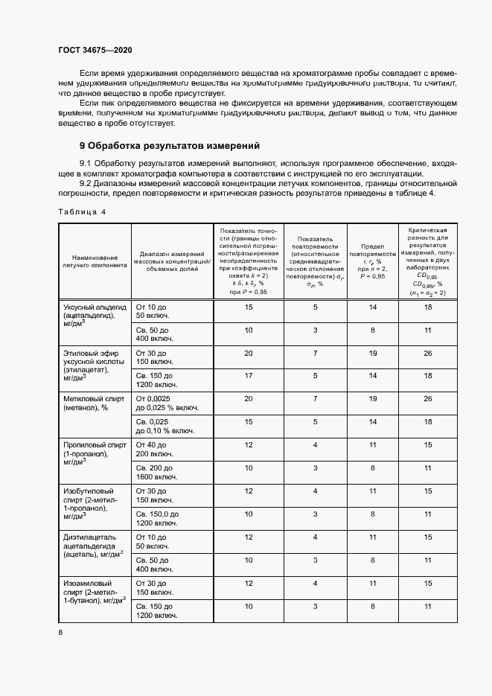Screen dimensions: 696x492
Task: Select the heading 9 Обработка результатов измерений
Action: coord(170,145)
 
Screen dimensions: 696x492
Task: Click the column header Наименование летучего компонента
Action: coord(95,261)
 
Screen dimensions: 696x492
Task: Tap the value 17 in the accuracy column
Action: coord(249,375)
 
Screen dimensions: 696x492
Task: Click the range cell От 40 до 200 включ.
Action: coord(154,450)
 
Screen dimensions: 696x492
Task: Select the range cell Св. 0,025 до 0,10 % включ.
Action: coord(164,427)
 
